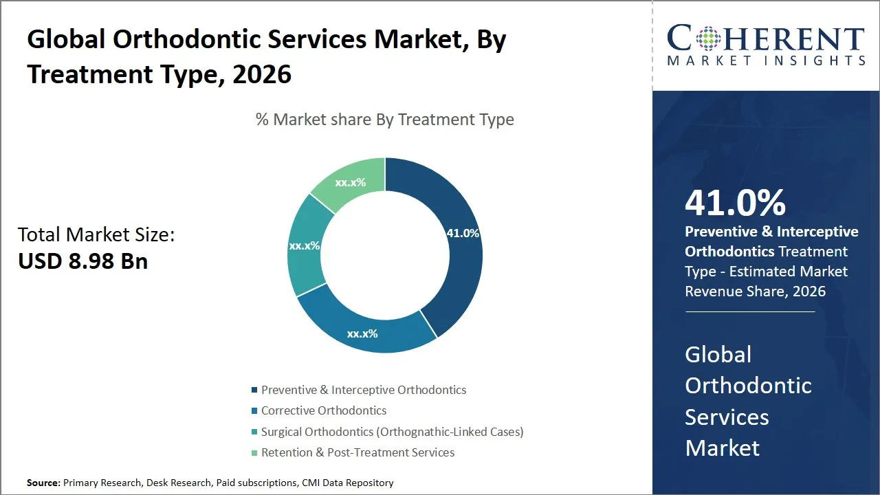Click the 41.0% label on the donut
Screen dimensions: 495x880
tap(463, 233)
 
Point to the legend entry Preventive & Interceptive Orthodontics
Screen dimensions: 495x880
tap(363, 390)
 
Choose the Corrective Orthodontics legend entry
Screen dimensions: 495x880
tap(323, 410)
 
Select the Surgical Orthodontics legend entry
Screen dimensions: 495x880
tap(392, 432)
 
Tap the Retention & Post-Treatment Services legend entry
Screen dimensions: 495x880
tap(357, 452)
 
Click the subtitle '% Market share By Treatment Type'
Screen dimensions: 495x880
tap(384, 120)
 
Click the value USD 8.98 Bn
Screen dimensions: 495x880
tap(82, 261)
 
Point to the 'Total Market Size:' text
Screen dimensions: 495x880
tap(96, 234)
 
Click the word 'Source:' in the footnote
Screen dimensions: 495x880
tap(43, 483)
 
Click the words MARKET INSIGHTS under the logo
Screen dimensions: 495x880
tap(767, 60)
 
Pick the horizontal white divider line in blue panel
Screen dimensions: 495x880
tap(749, 311)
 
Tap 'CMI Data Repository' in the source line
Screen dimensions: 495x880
tap(348, 483)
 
